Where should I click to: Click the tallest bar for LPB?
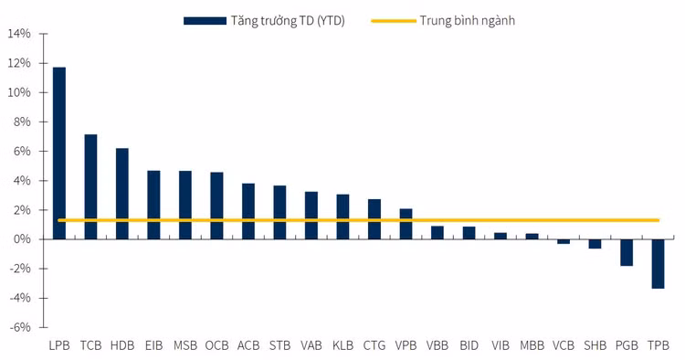click(59, 153)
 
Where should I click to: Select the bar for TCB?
click(90, 186)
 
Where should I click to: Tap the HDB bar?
click(122, 194)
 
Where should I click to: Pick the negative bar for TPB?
click(658, 263)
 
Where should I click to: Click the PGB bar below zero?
click(627, 252)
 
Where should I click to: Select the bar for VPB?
click(406, 224)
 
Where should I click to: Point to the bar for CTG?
click(374, 219)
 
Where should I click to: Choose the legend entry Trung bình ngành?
click(468, 19)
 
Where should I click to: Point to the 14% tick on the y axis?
click(19, 34)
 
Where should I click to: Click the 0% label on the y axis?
click(22, 239)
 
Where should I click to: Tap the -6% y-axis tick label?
click(20, 327)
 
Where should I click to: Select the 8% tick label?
click(22, 122)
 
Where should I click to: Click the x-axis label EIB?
click(153, 345)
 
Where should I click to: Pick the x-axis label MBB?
click(532, 345)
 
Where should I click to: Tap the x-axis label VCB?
click(564, 345)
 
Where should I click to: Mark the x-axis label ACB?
click(248, 345)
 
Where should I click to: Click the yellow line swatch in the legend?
click(393, 19)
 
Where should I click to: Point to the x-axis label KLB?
click(342, 345)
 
